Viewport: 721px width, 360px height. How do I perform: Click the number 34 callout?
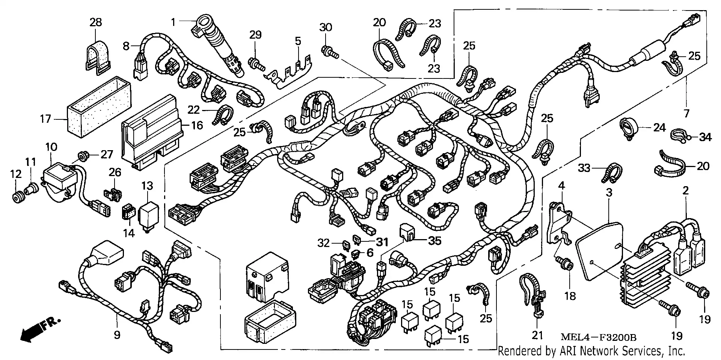[705, 137]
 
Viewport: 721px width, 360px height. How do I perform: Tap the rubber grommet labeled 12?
[18, 197]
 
